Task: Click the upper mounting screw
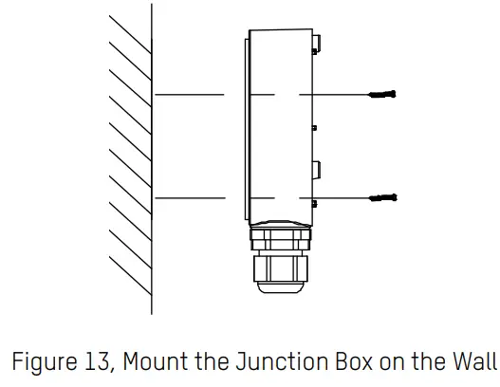381,95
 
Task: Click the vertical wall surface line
152,161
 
